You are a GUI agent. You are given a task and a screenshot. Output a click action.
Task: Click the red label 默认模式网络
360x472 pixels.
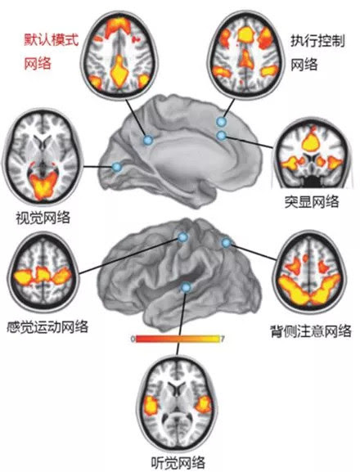[x=52, y=52]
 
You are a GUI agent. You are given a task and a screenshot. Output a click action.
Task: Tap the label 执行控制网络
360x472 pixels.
[x=317, y=52]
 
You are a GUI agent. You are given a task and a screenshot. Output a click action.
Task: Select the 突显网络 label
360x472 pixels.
[x=312, y=202]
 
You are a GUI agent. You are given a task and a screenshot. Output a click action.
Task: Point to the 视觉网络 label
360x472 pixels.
[x=43, y=218]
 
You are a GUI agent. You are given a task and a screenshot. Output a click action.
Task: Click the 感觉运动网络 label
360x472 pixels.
[x=47, y=326]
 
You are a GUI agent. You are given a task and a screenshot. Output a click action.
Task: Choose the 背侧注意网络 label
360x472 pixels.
[x=311, y=330]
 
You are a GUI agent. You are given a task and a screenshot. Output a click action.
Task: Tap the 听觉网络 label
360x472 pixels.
[x=178, y=462]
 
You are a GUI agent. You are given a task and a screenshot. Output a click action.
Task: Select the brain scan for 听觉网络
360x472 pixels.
[x=178, y=404]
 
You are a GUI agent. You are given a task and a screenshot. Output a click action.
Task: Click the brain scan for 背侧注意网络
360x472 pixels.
[x=310, y=272]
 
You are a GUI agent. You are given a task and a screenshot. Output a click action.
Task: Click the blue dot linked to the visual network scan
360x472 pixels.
[x=116, y=166]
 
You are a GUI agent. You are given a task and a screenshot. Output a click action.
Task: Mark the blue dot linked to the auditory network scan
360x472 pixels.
[x=187, y=288]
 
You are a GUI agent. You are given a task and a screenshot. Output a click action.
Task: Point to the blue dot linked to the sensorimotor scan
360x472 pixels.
[x=182, y=237]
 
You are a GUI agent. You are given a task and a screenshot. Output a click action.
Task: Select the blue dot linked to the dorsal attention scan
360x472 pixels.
[x=227, y=243]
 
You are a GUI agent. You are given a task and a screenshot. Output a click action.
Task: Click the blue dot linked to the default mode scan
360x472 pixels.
[x=148, y=140]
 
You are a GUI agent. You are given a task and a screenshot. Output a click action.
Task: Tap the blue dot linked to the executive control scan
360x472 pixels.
[x=221, y=122]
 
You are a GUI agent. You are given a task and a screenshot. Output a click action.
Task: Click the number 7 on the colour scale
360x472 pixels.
[x=223, y=339]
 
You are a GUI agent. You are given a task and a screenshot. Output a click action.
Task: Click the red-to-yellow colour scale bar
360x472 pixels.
[x=178, y=339]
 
